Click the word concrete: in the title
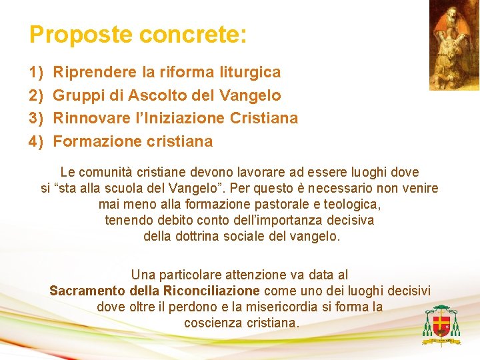(193, 35)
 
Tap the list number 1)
(36, 72)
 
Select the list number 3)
(36, 118)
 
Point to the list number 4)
(36, 141)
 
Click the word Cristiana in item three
(263, 118)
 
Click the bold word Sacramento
(87, 291)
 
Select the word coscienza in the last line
(211, 323)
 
